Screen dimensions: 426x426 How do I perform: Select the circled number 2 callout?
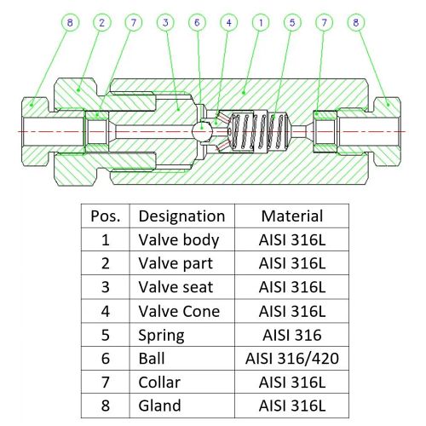101,22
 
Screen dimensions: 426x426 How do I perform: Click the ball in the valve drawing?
200,132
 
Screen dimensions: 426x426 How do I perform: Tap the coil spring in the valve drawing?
260,131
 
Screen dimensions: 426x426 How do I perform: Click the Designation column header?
181,216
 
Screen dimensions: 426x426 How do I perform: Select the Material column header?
292,216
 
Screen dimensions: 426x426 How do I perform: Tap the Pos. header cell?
106,216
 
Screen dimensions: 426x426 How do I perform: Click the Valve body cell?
179,239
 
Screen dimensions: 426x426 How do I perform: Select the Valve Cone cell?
179,311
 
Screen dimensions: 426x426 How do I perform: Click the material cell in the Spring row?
292,335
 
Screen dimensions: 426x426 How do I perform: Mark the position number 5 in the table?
106,335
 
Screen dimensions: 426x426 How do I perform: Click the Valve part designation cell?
176,263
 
